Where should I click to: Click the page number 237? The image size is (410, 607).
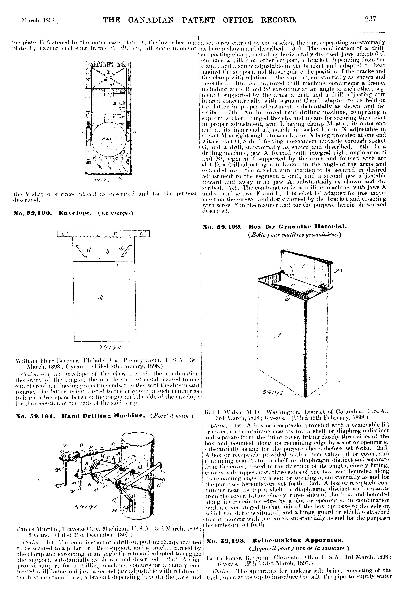(x=371, y=19)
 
